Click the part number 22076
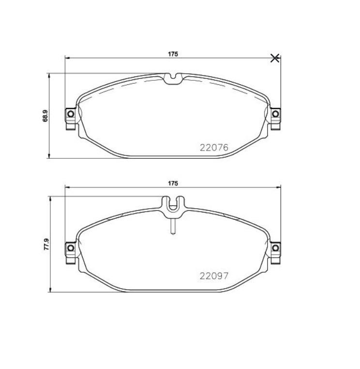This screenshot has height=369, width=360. [213, 147]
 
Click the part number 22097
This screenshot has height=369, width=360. [213, 276]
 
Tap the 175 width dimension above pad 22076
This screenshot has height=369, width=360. [173, 54]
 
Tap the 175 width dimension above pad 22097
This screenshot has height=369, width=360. [173, 184]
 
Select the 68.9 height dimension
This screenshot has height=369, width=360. [45, 116]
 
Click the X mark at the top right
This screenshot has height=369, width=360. [275, 58]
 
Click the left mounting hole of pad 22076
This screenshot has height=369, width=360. [70, 114]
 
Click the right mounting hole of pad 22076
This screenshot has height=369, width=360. [275, 114]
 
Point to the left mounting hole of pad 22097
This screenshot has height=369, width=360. [70, 248]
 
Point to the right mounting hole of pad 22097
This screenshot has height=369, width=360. [275, 248]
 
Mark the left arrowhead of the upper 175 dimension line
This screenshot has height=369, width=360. [67, 58]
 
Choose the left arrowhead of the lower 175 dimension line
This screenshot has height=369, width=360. [67, 187]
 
